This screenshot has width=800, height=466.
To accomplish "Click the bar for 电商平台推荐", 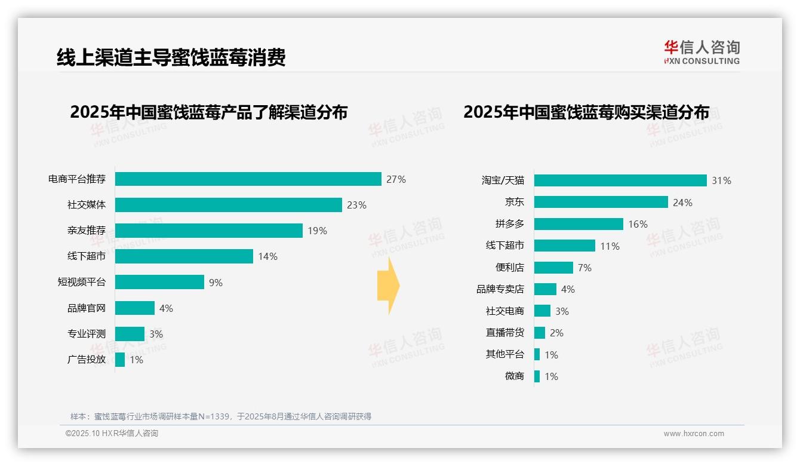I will (248, 179).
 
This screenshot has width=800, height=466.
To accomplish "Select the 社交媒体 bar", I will (228, 205).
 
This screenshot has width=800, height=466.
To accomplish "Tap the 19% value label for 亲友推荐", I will (317, 231).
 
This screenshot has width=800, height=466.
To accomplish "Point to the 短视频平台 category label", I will (81, 282).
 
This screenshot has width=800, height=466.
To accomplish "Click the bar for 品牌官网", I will (135, 308).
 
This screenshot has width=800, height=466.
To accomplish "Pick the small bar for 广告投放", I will (120, 360).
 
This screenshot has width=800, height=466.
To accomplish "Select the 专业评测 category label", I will (86, 334).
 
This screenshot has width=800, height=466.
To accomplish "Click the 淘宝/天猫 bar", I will (620, 180).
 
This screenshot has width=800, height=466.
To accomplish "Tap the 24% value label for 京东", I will (682, 203).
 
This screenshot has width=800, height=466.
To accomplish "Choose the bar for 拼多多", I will (579, 224).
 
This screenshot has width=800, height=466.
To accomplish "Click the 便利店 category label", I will (509, 268).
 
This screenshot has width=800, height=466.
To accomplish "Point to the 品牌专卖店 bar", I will (545, 289).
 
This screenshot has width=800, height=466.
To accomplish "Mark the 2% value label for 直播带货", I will (556, 333).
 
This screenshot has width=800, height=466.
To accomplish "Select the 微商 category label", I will (514, 376).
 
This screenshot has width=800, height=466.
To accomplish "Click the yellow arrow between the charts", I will (389, 286).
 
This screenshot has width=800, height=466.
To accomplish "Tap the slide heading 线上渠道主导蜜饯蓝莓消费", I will (171, 57).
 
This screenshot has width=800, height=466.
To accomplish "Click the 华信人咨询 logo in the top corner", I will (701, 53).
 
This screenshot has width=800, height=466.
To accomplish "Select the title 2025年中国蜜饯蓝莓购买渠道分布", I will (586, 112).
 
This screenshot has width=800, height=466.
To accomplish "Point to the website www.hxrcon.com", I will (694, 433).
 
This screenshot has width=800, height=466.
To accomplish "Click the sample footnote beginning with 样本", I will (221, 416).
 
